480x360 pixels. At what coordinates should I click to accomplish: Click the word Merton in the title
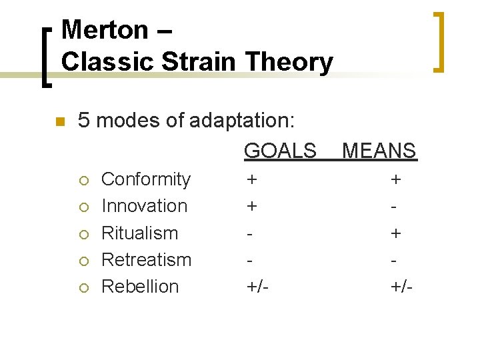[104, 30]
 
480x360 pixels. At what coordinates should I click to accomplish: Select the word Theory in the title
[289, 62]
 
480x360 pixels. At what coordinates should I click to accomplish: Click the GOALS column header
[280, 151]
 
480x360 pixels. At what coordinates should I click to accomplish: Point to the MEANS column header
[379, 151]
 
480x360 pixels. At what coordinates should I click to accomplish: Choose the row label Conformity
[145, 179]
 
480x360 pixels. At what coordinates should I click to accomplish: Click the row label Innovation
[144, 206]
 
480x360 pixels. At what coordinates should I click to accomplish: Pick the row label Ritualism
[139, 233]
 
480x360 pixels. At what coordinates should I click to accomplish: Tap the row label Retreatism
[146, 259]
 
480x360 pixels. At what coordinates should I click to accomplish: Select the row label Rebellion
[140, 287]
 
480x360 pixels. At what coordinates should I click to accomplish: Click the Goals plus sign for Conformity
[251, 179]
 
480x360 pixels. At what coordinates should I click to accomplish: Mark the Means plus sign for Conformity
[396, 179]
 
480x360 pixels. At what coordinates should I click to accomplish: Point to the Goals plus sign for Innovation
[251, 206]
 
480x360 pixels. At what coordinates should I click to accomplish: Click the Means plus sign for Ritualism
[396, 233]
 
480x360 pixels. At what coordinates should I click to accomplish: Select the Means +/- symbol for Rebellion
[402, 287]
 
